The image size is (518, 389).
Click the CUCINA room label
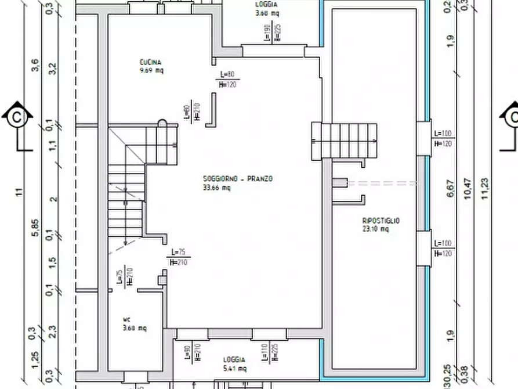click(x=150, y=63)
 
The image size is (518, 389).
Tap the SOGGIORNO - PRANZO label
click(x=237, y=179)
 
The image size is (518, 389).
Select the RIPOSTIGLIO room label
click(x=381, y=221)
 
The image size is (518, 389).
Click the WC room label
click(x=126, y=319)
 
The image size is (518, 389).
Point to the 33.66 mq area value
click(x=217, y=188)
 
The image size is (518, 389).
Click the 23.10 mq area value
click(x=375, y=229)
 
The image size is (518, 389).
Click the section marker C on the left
click(x=17, y=118)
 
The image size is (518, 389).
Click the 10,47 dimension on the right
click(x=468, y=189)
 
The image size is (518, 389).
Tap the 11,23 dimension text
click(x=485, y=189)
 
